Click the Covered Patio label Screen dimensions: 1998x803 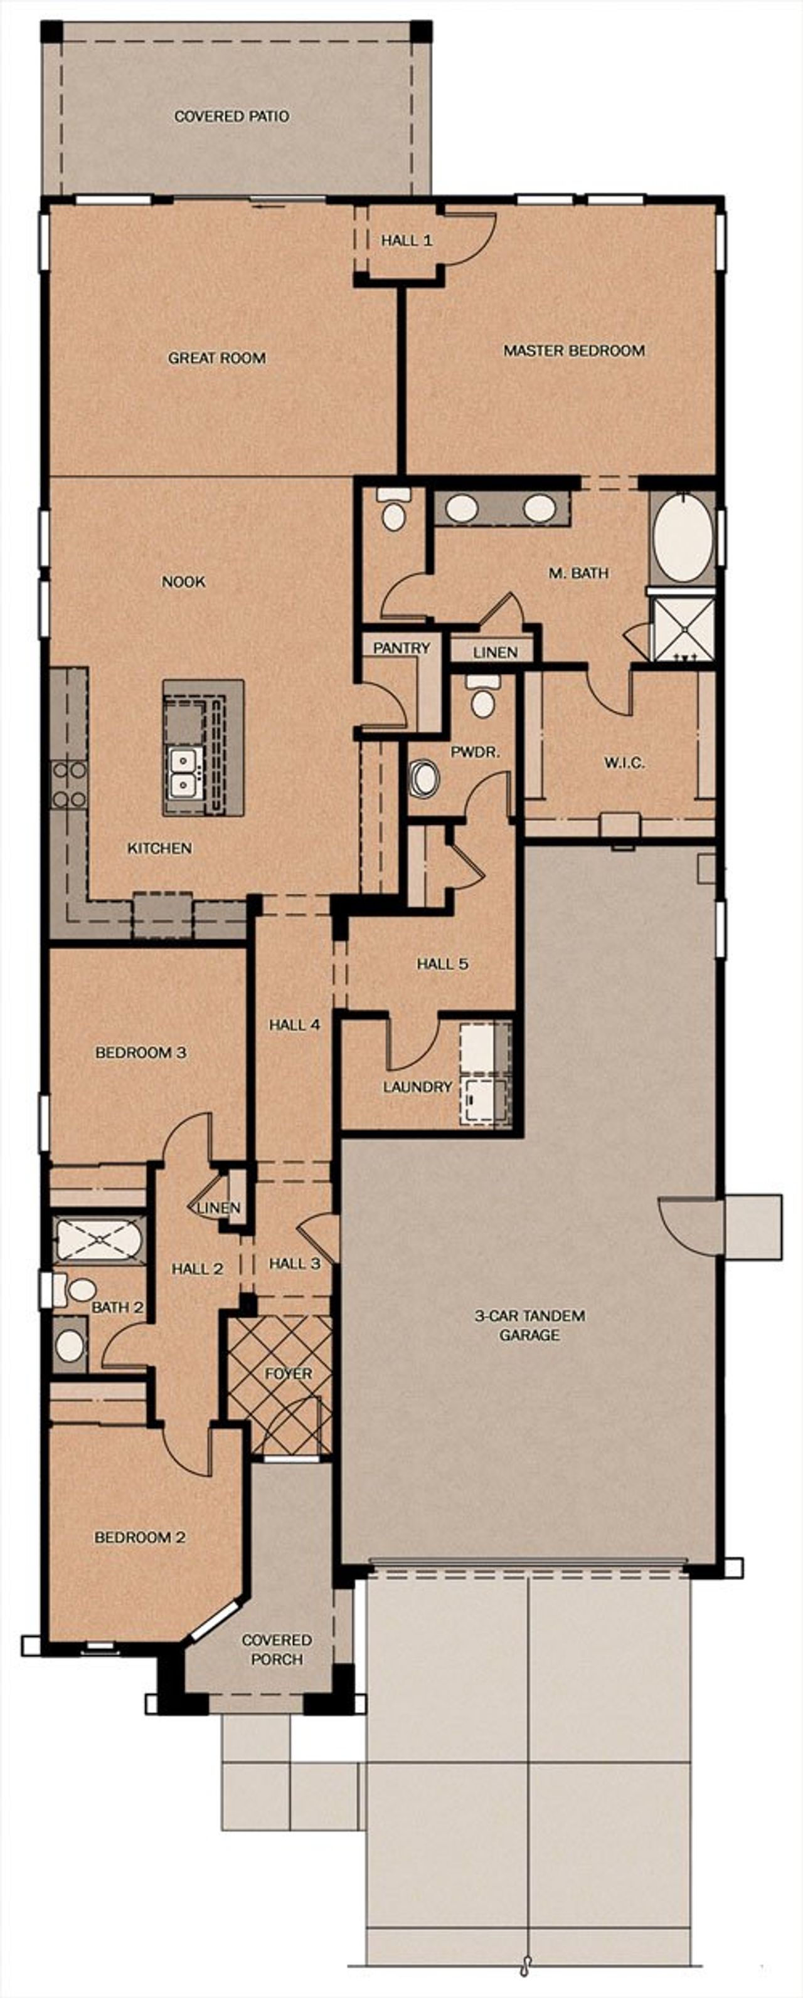point(231,117)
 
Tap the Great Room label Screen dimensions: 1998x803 point(216,359)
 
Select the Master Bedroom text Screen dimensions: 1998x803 point(574,350)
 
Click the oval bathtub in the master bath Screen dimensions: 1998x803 point(683,540)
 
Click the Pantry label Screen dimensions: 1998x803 point(401,648)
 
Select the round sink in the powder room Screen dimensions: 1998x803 point(423,778)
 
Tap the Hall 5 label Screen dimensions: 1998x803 point(442,964)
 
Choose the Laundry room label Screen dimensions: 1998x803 point(417,1086)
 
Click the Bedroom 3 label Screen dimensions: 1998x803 point(141,1053)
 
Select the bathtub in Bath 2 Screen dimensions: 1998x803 point(98,1240)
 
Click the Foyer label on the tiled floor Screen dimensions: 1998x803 point(288,1374)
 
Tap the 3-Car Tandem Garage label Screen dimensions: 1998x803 point(530,1325)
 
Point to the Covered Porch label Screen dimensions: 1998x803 point(277,1650)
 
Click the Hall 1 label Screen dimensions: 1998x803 point(406,241)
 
